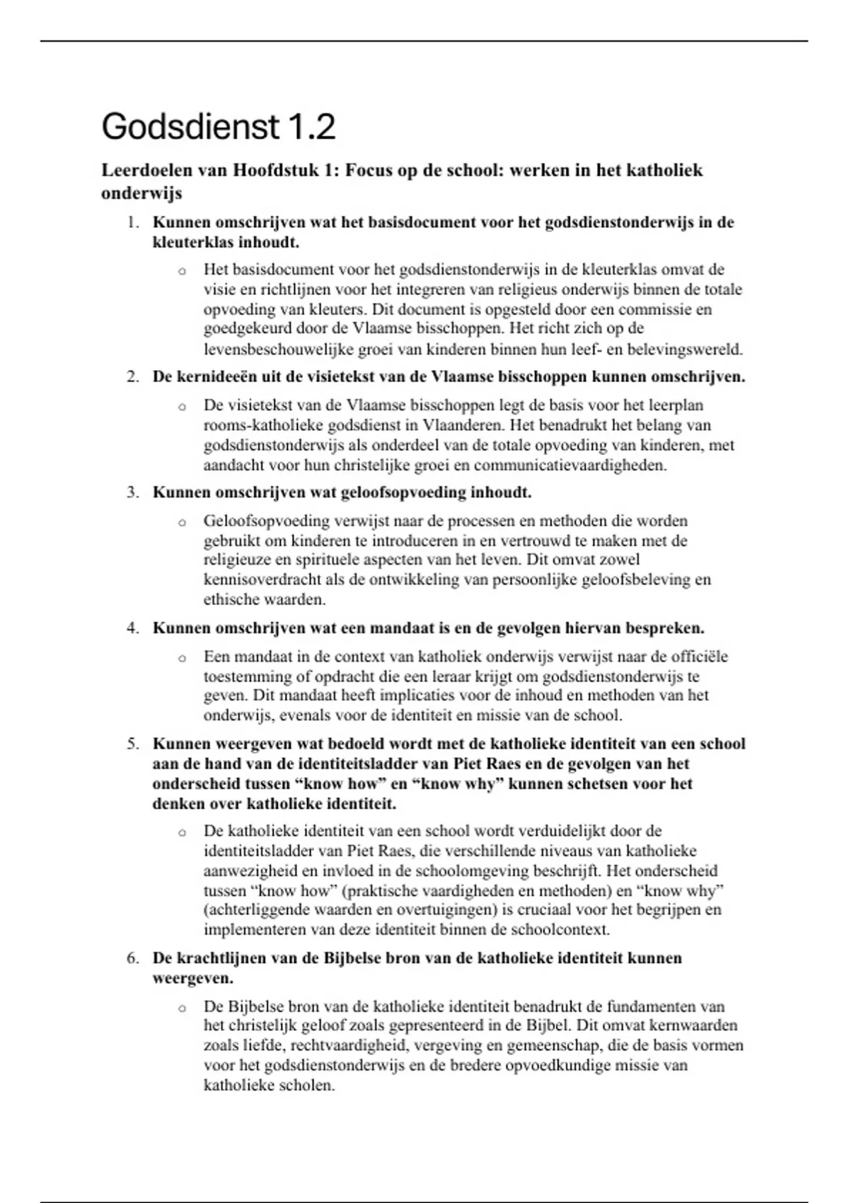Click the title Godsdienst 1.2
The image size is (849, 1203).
pyautogui.click(x=218, y=128)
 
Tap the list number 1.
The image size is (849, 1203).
pyautogui.click(x=132, y=222)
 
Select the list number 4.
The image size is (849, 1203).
pyautogui.click(x=132, y=628)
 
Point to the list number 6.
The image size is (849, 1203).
pyautogui.click(x=132, y=958)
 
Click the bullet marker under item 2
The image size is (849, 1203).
pyautogui.click(x=182, y=407)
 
